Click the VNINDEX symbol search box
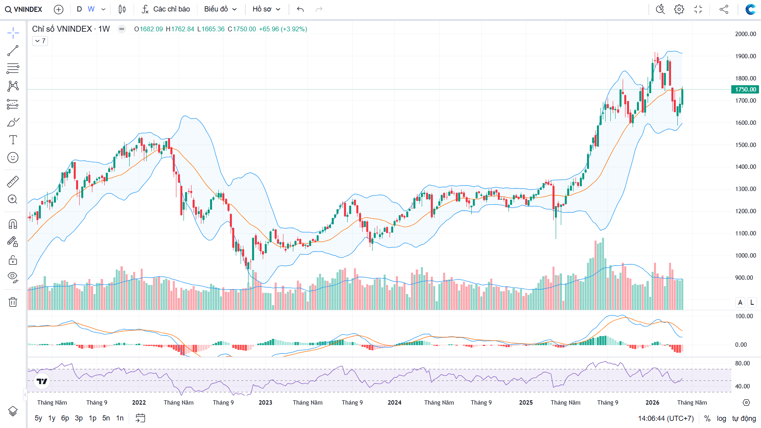[x=24, y=9]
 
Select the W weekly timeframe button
[x=91, y=9]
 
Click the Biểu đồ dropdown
[x=220, y=9]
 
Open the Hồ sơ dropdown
[x=266, y=9]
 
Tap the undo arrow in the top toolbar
[x=300, y=9]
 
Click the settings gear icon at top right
[x=679, y=9]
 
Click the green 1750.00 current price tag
[x=745, y=90]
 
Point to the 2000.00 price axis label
[x=746, y=34]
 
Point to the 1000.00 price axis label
[x=746, y=256]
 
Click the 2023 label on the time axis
[x=266, y=403]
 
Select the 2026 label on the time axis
[x=652, y=403]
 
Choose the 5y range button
[x=38, y=418]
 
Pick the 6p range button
[x=65, y=418]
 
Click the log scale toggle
[x=721, y=418]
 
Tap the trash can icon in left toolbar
[x=13, y=302]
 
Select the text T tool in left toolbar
[x=13, y=140]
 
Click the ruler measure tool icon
[x=13, y=182]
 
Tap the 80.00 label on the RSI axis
[x=742, y=363]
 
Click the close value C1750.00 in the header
[x=242, y=29]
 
